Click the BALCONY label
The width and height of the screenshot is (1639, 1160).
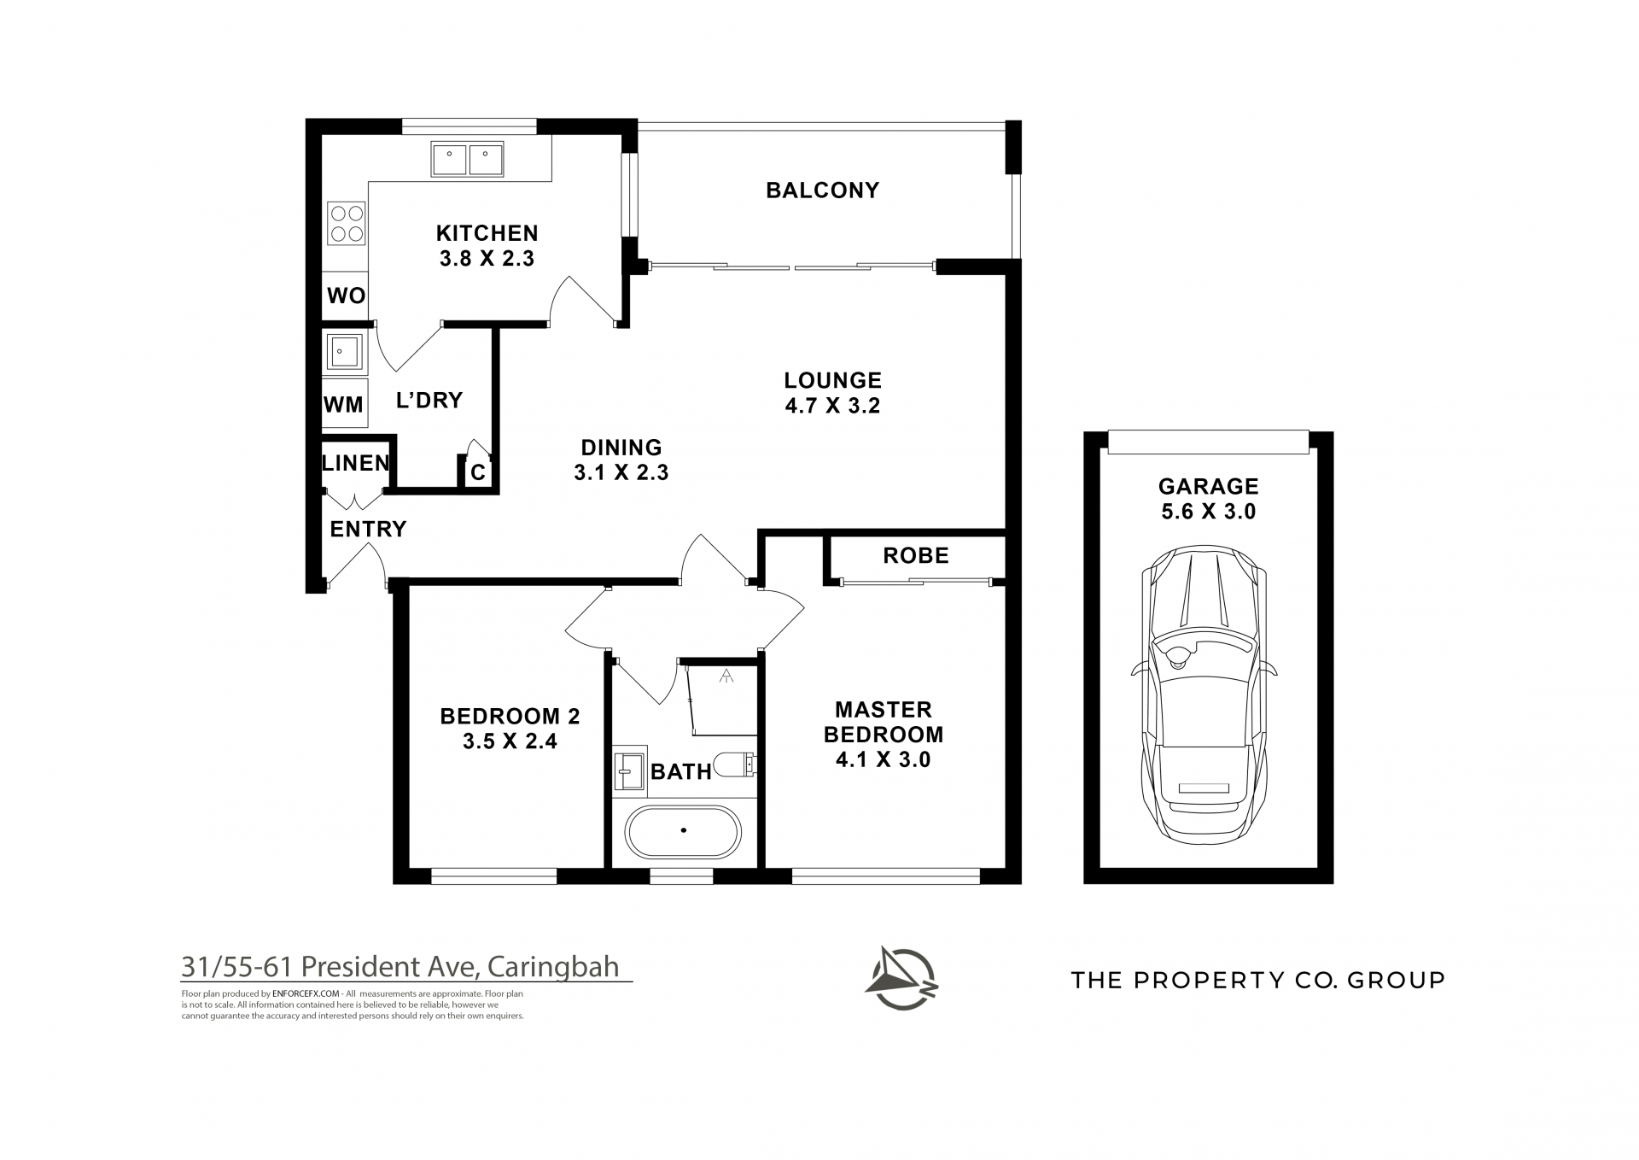(x=822, y=190)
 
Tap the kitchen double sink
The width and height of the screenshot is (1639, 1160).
(x=467, y=160)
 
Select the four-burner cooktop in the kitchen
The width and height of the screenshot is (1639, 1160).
(x=347, y=224)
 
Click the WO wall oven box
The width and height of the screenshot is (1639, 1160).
(x=346, y=296)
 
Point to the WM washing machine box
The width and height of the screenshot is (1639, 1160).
(x=344, y=404)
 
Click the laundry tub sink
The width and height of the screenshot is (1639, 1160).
(x=345, y=351)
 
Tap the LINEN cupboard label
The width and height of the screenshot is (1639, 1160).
(x=356, y=463)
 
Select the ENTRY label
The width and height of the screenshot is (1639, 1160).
(x=368, y=529)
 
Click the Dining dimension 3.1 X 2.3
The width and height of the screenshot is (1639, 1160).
(x=621, y=472)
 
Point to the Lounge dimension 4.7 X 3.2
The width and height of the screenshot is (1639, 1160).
(x=832, y=406)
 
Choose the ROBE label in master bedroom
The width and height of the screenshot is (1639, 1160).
(x=916, y=556)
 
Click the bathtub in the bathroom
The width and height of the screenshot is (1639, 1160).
(x=684, y=830)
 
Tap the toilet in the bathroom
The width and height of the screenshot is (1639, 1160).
(x=734, y=764)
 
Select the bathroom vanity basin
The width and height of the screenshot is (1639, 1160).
(x=629, y=769)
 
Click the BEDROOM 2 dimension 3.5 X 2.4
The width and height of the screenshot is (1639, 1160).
(x=510, y=741)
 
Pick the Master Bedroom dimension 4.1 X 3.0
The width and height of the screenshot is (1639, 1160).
(x=883, y=759)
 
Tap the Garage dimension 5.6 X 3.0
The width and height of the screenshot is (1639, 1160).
(x=1208, y=512)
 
